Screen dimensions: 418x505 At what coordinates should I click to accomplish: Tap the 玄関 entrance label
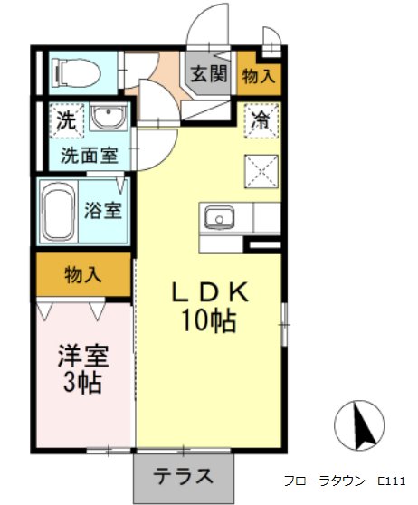pyautogui.click(x=209, y=73)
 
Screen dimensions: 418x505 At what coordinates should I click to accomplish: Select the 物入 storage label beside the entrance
pyautogui.click(x=259, y=76)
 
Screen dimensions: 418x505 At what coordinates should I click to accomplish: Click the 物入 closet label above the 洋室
pyautogui.click(x=83, y=275)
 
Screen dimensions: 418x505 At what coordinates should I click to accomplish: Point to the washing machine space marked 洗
pyautogui.click(x=67, y=120)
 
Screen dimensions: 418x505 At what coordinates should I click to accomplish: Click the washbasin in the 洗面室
pyautogui.click(x=108, y=117)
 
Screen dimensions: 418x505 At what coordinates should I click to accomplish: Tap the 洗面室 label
pyautogui.click(x=90, y=156)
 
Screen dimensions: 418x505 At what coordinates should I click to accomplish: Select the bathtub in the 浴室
pyautogui.click(x=58, y=211)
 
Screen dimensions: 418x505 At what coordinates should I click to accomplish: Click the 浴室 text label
pyautogui.click(x=103, y=210)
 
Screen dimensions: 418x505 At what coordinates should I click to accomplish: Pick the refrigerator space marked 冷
pyautogui.click(x=261, y=120)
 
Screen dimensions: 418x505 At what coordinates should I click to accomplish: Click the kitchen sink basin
pyautogui.click(x=220, y=217)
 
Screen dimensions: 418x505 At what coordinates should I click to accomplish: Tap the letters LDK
pyautogui.click(x=210, y=291)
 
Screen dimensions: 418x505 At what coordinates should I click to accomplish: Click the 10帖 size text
pyautogui.click(x=209, y=321)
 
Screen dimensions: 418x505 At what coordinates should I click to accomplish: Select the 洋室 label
pyautogui.click(x=83, y=357)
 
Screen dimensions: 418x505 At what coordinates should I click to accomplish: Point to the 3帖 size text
pyautogui.click(x=83, y=382)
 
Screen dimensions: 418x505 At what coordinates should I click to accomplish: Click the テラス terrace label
pyautogui.click(x=184, y=476)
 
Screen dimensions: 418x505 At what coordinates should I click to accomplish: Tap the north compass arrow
pyautogui.click(x=363, y=425)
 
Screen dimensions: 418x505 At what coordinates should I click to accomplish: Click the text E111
pyautogui.click(x=391, y=481)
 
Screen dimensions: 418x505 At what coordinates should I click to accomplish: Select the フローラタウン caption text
pyautogui.click(x=324, y=481)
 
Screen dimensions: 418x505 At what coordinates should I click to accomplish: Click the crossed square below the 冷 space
pyautogui.click(x=261, y=171)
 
